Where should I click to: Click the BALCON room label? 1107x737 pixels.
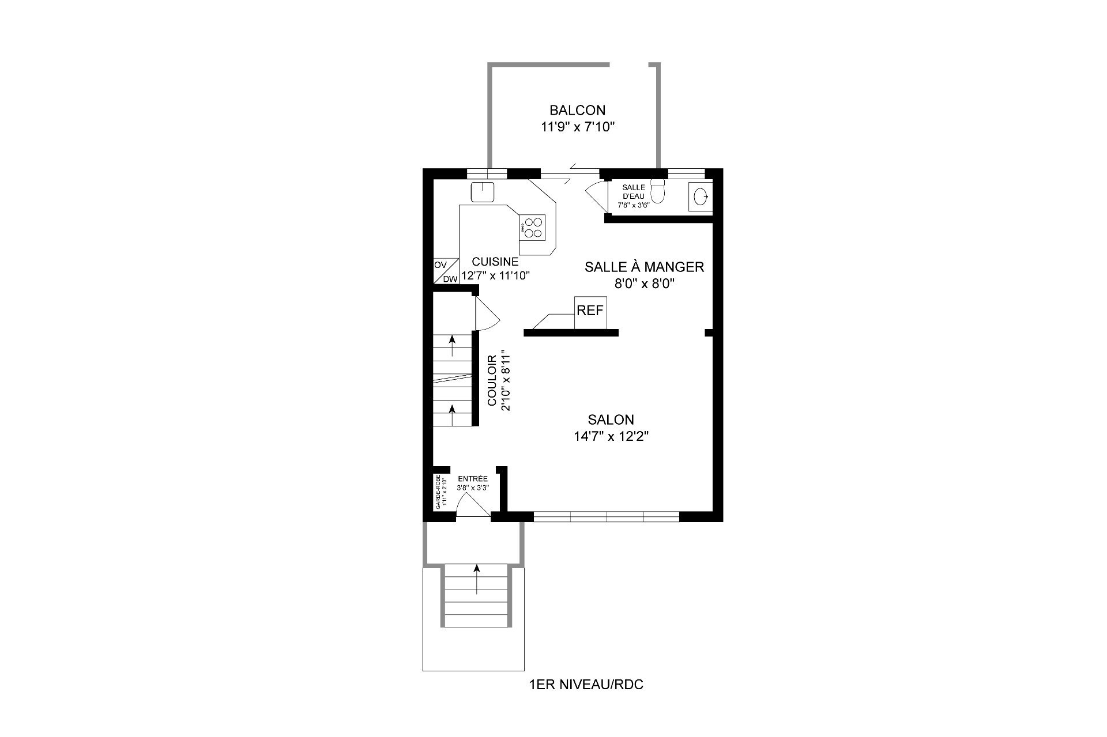pyautogui.click(x=577, y=110)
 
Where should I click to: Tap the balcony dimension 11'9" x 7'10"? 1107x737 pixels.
pyautogui.click(x=578, y=127)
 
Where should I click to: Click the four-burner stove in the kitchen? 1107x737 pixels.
pyautogui.click(x=129, y=227)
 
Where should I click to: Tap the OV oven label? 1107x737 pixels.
pyautogui.click(x=440, y=265)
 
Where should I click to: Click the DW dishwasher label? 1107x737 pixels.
pyautogui.click(x=450, y=279)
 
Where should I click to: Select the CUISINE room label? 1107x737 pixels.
pyautogui.click(x=495, y=262)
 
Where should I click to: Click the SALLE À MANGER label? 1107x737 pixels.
pyautogui.click(x=644, y=267)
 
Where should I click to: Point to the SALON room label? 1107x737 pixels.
pyautogui.click(x=611, y=419)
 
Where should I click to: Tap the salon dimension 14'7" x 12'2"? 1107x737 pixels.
pyautogui.click(x=611, y=436)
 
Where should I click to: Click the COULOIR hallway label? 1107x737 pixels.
pyautogui.click(x=492, y=380)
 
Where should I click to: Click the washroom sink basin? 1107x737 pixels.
pyautogui.click(x=701, y=197)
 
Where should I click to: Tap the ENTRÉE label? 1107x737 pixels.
pyautogui.click(x=473, y=479)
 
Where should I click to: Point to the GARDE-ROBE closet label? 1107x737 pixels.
pyautogui.click(x=438, y=492)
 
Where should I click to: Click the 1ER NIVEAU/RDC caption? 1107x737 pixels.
pyautogui.click(x=586, y=685)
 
